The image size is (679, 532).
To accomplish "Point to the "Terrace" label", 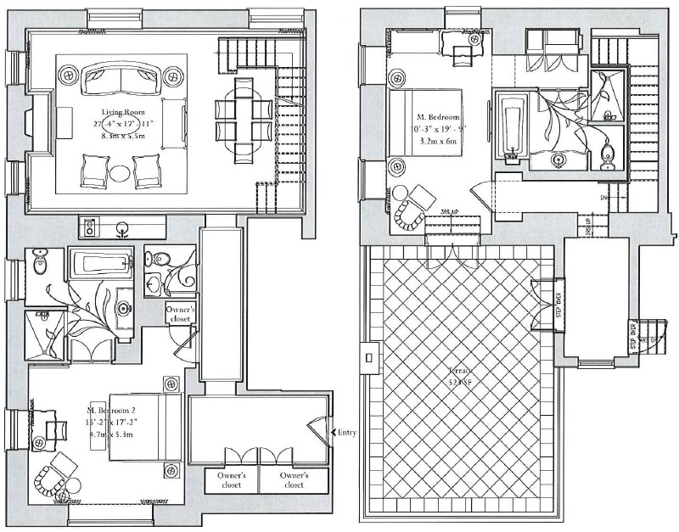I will (460, 372).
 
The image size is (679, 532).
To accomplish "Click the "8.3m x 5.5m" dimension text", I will (118, 134).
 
